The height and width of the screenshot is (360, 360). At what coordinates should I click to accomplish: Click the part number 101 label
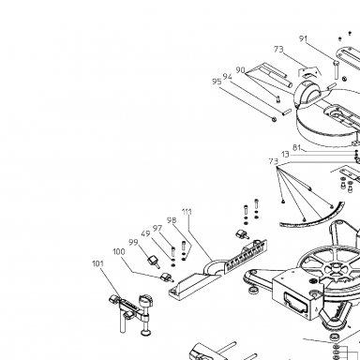click(97, 263)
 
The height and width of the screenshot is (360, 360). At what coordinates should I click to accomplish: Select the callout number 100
click(119, 251)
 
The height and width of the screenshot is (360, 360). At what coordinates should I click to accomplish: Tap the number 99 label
click(133, 243)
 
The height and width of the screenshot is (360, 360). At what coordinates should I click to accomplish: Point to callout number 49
click(145, 233)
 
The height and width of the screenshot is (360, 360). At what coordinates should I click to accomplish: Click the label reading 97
click(157, 229)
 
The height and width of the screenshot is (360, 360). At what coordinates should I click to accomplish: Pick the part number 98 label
click(172, 220)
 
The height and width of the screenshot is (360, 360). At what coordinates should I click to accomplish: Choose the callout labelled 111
click(187, 212)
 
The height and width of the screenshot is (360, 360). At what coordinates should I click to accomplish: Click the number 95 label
click(217, 82)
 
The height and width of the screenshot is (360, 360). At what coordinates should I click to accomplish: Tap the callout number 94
click(228, 77)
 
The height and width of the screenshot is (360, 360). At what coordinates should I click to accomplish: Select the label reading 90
click(240, 70)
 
